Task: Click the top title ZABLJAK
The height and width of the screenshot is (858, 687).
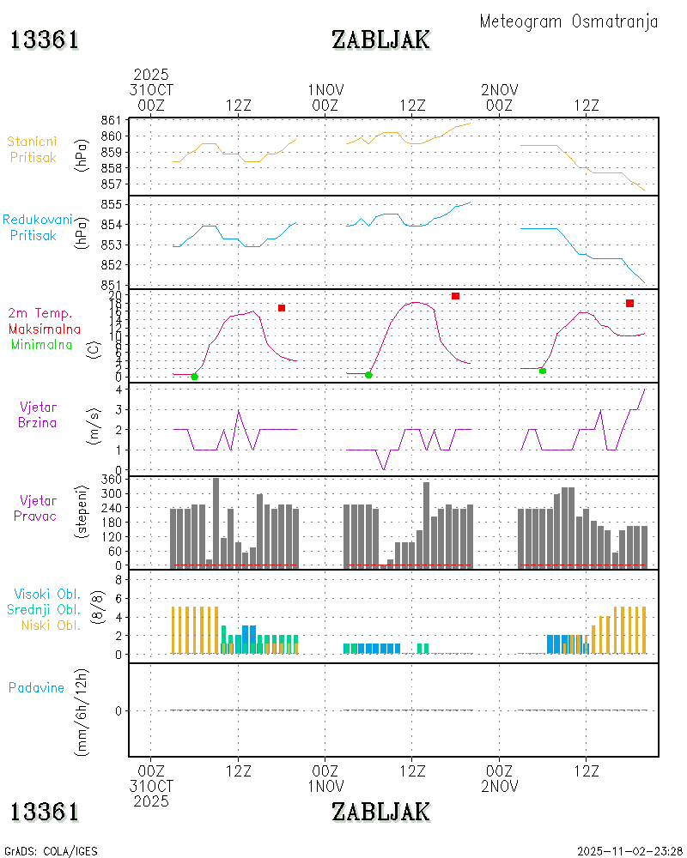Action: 380,39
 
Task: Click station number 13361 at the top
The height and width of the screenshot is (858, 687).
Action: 45,39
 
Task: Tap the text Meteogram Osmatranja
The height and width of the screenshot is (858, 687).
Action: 568,21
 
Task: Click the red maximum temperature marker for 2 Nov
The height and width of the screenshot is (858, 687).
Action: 629,303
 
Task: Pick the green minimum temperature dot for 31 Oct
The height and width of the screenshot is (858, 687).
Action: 194,377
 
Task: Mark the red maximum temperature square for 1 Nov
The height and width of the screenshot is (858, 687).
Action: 455,296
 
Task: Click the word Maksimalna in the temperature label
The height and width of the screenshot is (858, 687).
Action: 45,329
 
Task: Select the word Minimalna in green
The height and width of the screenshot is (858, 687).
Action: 45,344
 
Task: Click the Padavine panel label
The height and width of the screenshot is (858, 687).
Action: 36,687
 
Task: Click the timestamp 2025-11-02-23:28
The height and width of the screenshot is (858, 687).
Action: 630,851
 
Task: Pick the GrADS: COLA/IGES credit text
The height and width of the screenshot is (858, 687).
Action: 51,851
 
